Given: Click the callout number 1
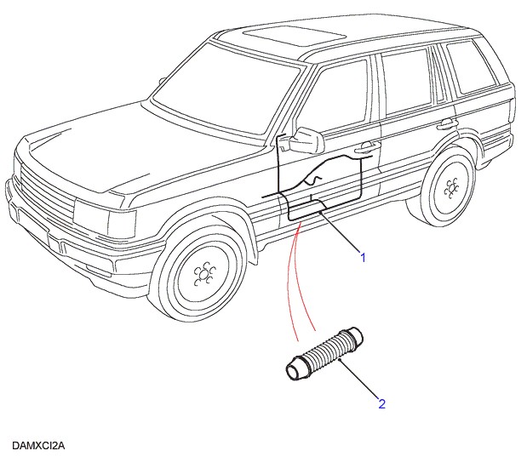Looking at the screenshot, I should pos(363,256).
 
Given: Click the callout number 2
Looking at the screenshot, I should pos(381,403).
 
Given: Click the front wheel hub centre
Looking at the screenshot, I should pos(203,273).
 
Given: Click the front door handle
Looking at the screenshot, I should pos(367,147).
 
